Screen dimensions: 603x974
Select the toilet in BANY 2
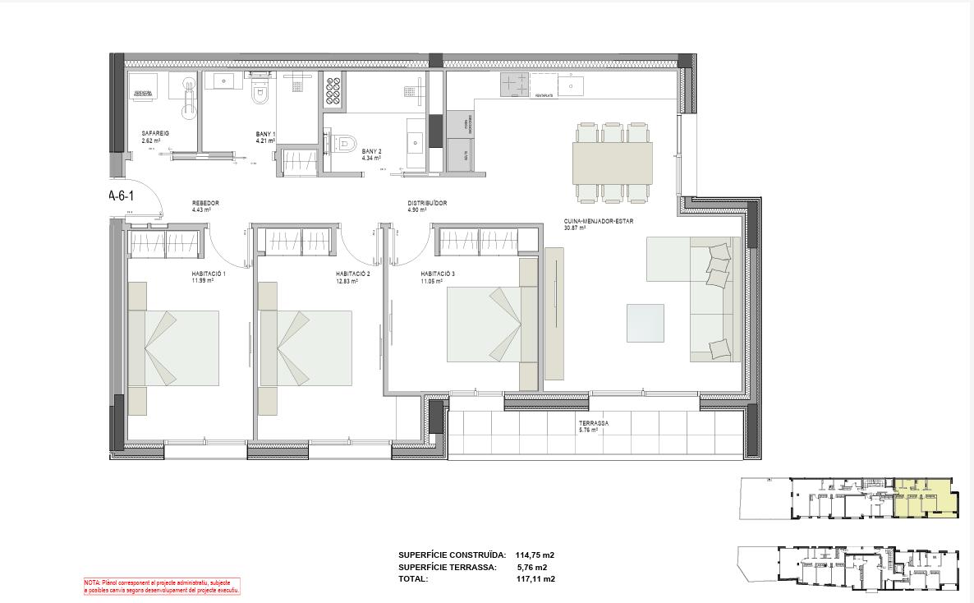(347, 145)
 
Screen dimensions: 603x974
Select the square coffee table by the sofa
(645, 323)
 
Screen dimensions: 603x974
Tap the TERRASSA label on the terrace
(594, 424)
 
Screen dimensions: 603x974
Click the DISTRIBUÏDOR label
(427, 204)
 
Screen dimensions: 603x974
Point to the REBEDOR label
(205, 203)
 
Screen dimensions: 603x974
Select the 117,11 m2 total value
(535, 578)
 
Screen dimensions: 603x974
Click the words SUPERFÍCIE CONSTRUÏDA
(452, 555)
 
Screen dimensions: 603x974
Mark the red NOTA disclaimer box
(162, 586)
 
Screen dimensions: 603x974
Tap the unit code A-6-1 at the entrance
(121, 196)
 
